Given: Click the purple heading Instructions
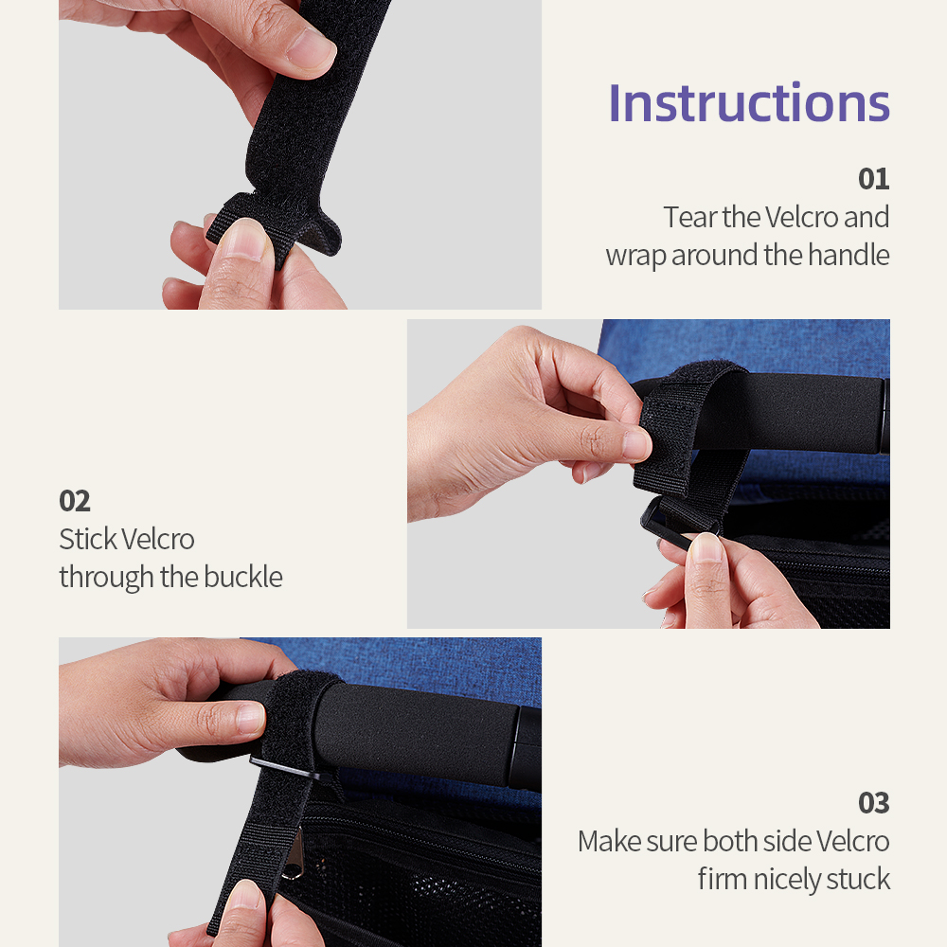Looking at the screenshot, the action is (749, 103).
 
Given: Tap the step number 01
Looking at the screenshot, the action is (873, 179).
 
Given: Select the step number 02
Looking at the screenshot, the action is (75, 501).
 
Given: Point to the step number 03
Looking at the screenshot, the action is (873, 803).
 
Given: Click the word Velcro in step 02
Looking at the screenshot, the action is (159, 539).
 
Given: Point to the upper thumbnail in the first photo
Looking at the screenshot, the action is (310, 47).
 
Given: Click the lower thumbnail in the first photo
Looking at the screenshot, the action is (242, 239).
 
